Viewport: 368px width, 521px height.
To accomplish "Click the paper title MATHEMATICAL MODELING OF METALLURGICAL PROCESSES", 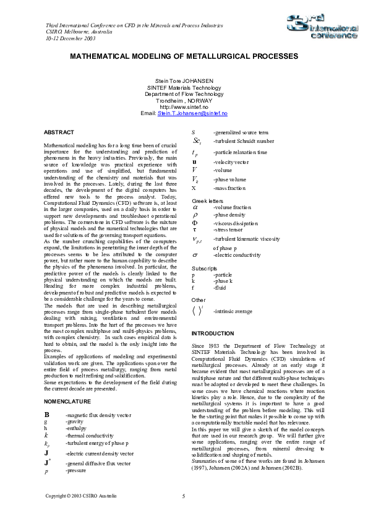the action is (x=184, y=56).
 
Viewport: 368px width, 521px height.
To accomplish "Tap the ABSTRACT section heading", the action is (x=59, y=132).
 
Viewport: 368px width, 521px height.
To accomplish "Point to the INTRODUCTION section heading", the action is (x=213, y=334).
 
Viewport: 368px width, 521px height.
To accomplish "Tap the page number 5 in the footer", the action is (x=184, y=496).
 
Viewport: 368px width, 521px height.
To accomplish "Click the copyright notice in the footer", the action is (x=81, y=496).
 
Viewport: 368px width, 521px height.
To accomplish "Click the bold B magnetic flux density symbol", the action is (x=47, y=414).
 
